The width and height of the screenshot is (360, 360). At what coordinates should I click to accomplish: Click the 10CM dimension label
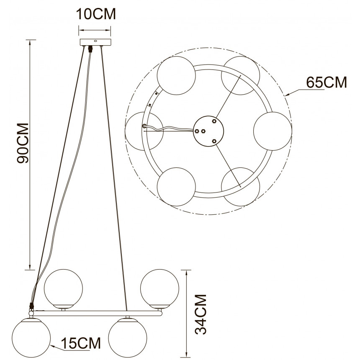tap(96, 14)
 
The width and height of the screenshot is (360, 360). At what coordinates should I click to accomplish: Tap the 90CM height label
tap(23, 143)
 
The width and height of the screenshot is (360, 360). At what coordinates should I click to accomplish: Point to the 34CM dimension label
tap(201, 314)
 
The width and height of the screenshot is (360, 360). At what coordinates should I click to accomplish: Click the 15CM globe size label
tap(81, 343)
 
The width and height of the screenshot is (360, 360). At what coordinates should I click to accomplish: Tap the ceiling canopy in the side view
tap(95, 42)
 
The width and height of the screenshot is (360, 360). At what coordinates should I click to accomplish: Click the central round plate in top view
tap(208, 131)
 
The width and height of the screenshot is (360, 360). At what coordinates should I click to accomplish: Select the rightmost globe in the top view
tap(273, 131)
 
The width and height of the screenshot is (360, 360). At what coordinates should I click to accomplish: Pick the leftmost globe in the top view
tap(144, 131)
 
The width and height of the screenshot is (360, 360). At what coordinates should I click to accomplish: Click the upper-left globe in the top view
tap(176, 75)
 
